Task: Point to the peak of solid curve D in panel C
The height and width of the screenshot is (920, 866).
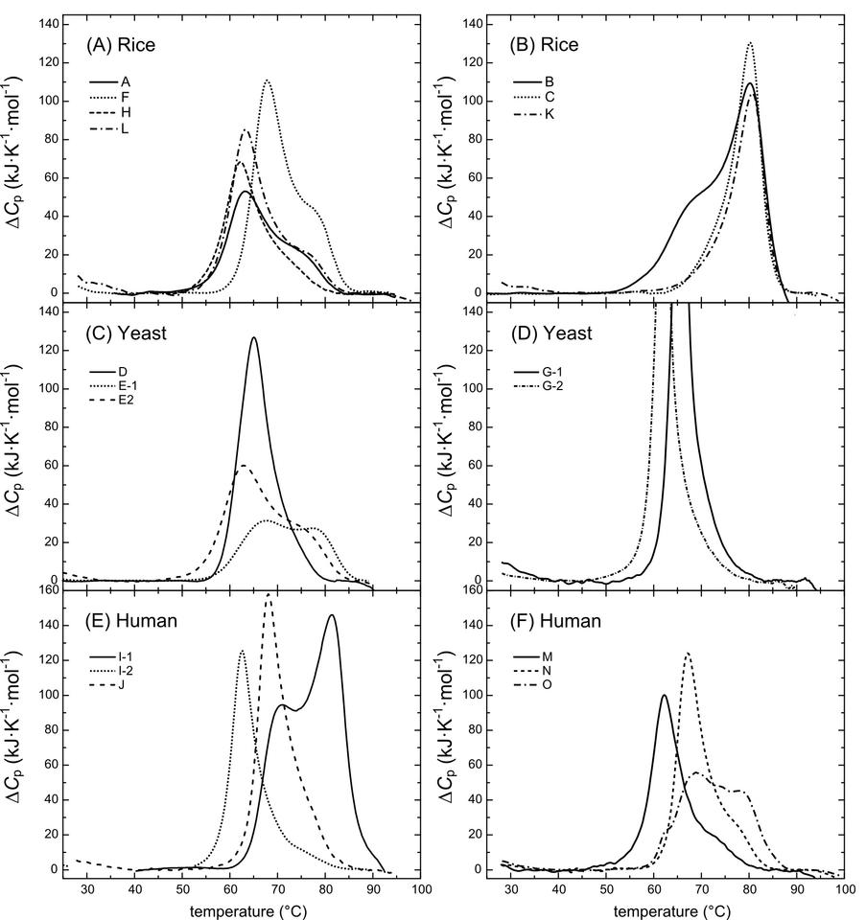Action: [253, 337]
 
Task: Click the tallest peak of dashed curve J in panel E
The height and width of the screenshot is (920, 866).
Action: [269, 595]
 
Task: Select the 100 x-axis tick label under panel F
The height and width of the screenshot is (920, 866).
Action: [844, 888]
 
